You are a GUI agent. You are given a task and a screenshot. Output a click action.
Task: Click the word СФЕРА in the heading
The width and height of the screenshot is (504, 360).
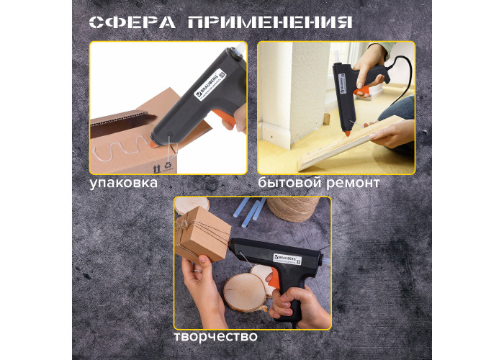132,22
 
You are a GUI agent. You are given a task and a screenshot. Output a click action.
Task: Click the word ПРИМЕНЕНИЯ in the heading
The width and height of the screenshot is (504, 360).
270,22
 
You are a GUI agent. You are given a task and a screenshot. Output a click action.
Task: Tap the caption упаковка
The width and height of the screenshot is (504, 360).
124,183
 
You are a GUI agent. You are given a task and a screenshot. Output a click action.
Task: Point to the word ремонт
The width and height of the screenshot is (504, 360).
354,184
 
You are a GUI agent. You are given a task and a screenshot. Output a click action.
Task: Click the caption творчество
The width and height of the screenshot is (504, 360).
216,336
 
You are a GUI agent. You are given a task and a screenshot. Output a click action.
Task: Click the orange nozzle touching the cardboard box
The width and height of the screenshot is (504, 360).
153,143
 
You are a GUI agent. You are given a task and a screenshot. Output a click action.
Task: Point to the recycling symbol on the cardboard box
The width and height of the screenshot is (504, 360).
168,165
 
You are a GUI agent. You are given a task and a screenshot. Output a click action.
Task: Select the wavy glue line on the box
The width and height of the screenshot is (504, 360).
120,149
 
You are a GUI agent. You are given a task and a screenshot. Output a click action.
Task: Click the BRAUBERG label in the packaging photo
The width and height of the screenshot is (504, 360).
210,85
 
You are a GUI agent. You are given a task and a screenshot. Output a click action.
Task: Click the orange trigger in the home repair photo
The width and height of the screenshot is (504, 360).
361,91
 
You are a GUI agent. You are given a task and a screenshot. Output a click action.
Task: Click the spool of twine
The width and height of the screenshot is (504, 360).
293,209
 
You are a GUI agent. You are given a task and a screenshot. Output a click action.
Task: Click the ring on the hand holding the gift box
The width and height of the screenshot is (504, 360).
197,271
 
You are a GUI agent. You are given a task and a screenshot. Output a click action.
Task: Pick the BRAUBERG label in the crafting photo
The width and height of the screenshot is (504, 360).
288,259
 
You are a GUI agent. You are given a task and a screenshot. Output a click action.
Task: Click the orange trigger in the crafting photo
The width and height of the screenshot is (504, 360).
274,278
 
